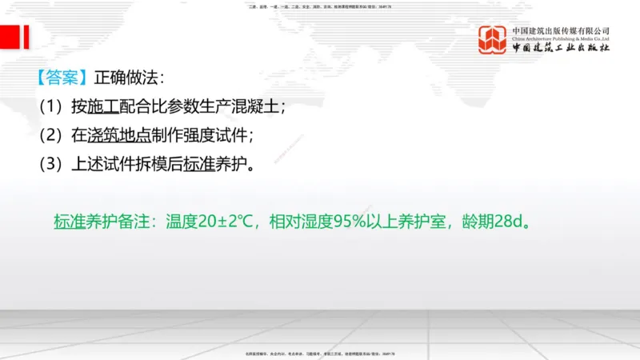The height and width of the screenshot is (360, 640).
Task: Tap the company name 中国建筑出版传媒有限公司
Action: pos(561,30)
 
